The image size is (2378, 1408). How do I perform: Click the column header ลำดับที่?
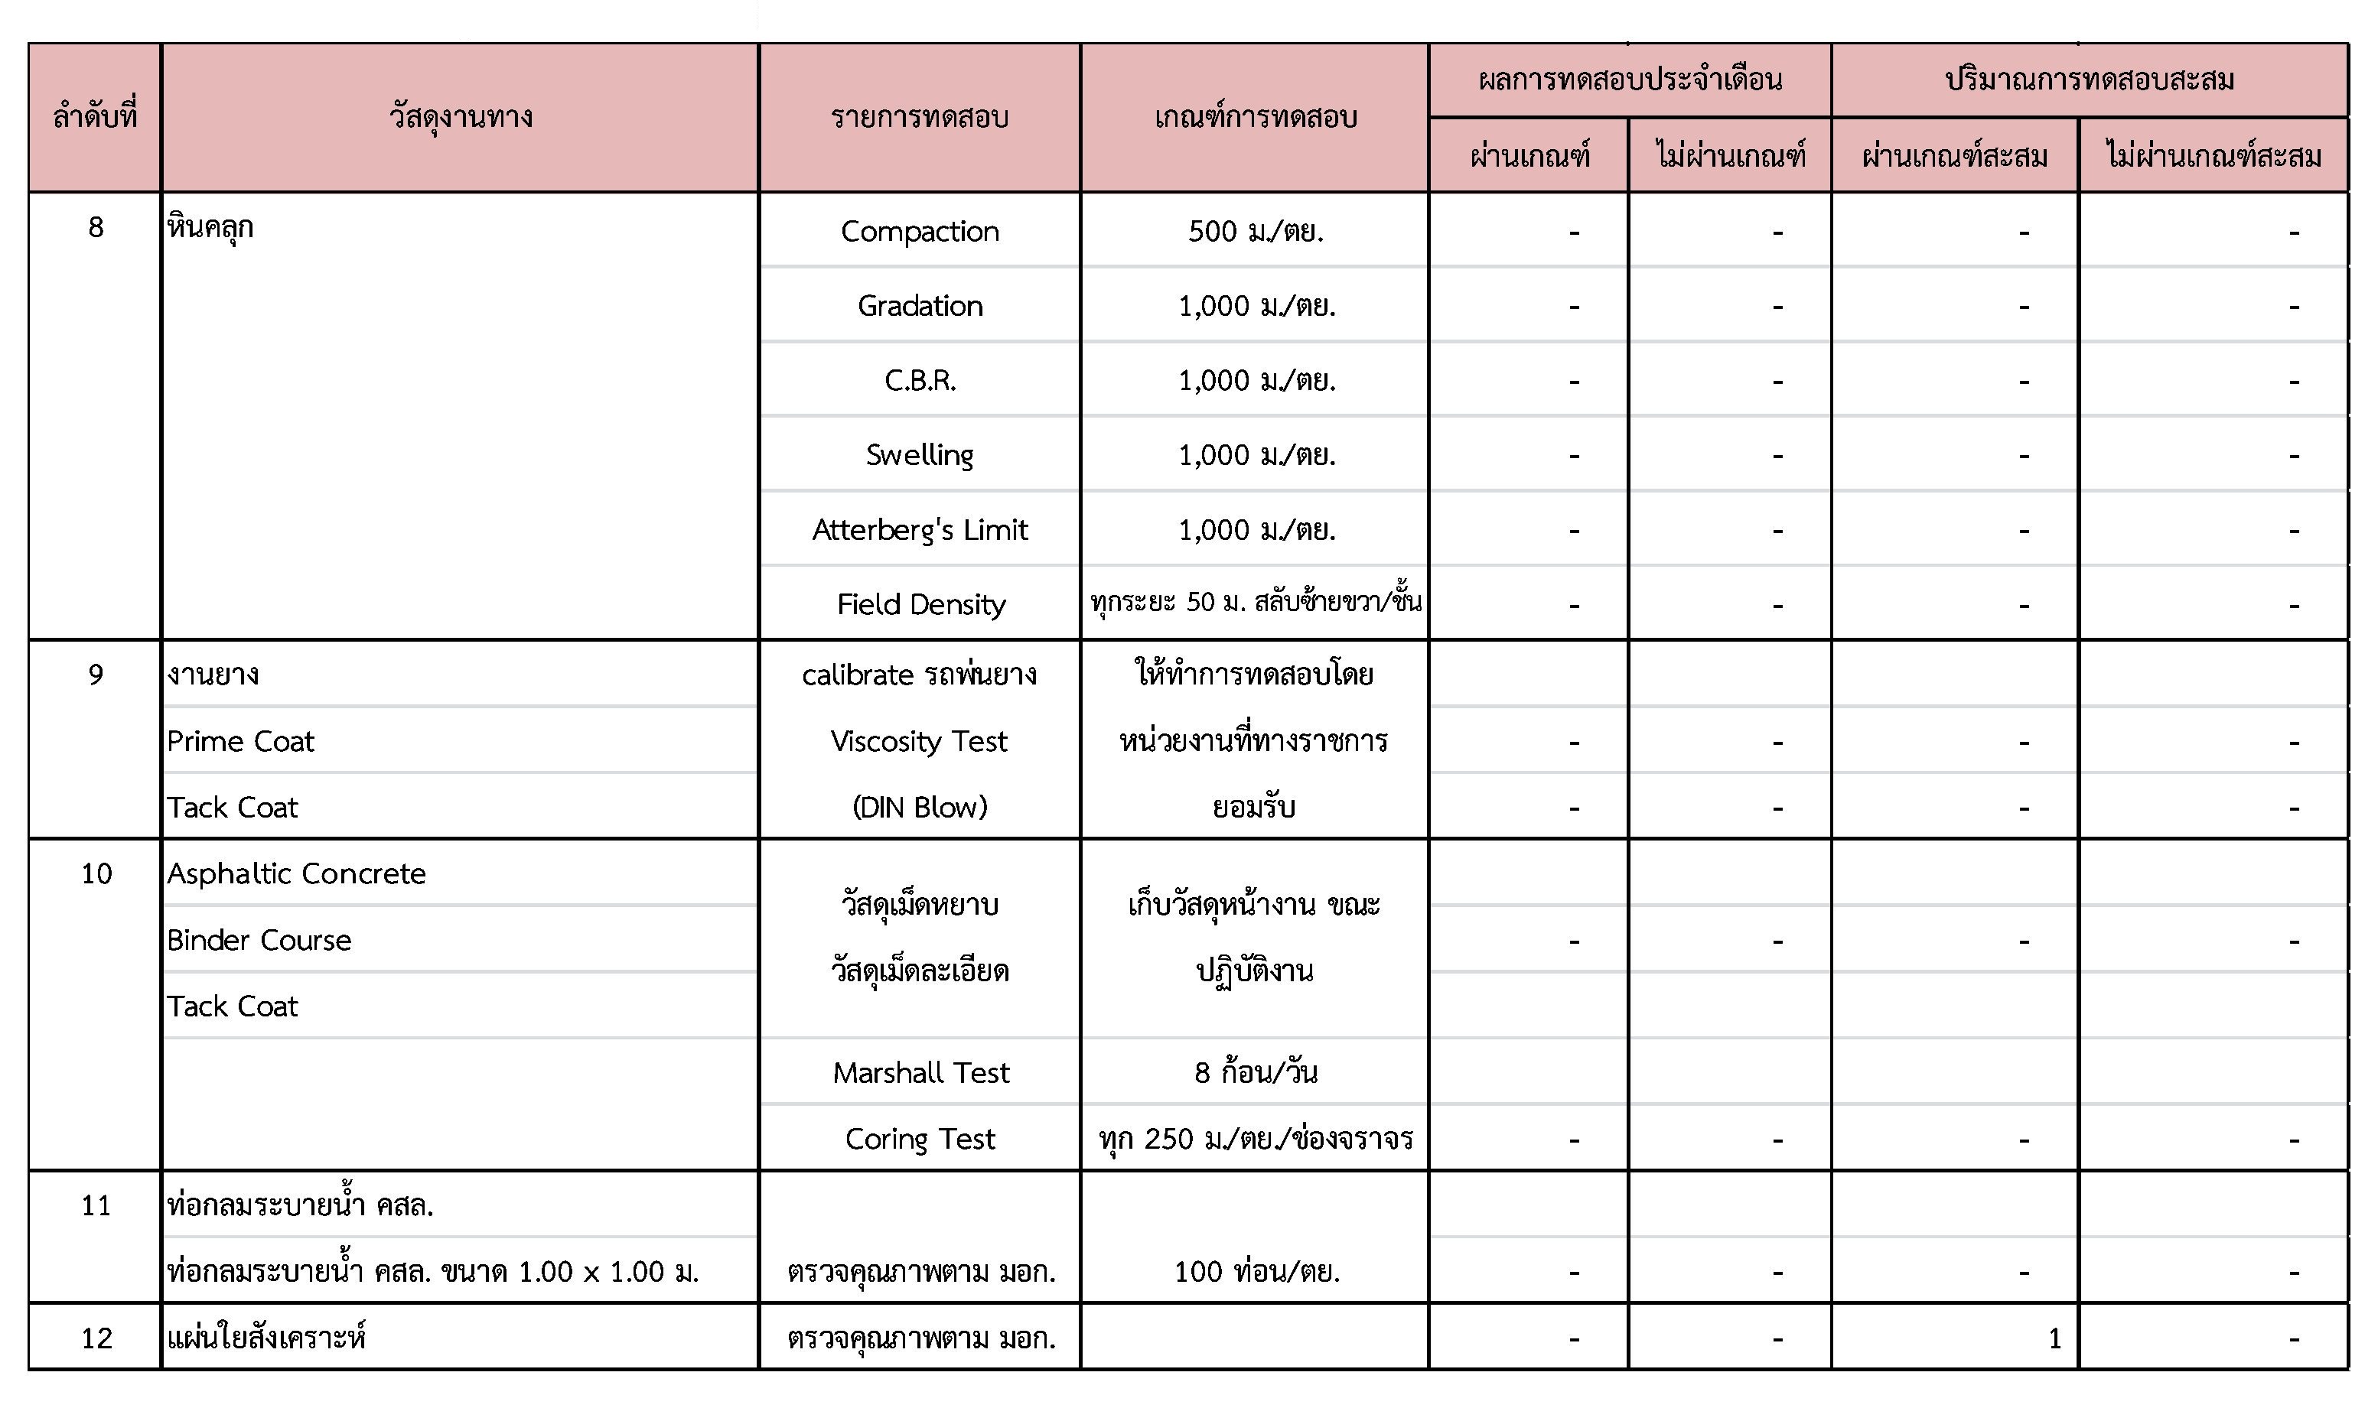(95, 117)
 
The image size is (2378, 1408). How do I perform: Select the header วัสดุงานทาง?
(461, 117)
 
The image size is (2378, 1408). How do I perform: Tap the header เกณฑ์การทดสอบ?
(1255, 117)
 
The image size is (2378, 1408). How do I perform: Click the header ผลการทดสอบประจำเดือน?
(1629, 79)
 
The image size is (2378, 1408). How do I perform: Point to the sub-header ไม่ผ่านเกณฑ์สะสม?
(2213, 154)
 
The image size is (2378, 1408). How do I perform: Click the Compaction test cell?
(920, 230)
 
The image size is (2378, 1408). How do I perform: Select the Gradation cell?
(920, 305)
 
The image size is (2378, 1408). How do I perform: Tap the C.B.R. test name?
(920, 380)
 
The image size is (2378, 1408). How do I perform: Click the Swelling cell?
(920, 454)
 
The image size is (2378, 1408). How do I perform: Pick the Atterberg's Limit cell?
(920, 529)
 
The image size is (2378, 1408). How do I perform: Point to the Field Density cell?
(920, 604)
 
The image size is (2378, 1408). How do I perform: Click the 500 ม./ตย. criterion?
(1255, 230)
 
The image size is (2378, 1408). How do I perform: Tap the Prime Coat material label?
(240, 741)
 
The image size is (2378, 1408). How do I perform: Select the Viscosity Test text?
(919, 741)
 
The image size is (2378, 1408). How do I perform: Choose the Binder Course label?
(259, 940)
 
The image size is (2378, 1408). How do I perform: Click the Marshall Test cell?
(920, 1072)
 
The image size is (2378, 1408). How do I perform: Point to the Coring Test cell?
(920, 1139)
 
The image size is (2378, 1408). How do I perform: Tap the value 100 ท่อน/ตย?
(1256, 1271)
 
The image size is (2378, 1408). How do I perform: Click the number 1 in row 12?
(2054, 1338)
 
